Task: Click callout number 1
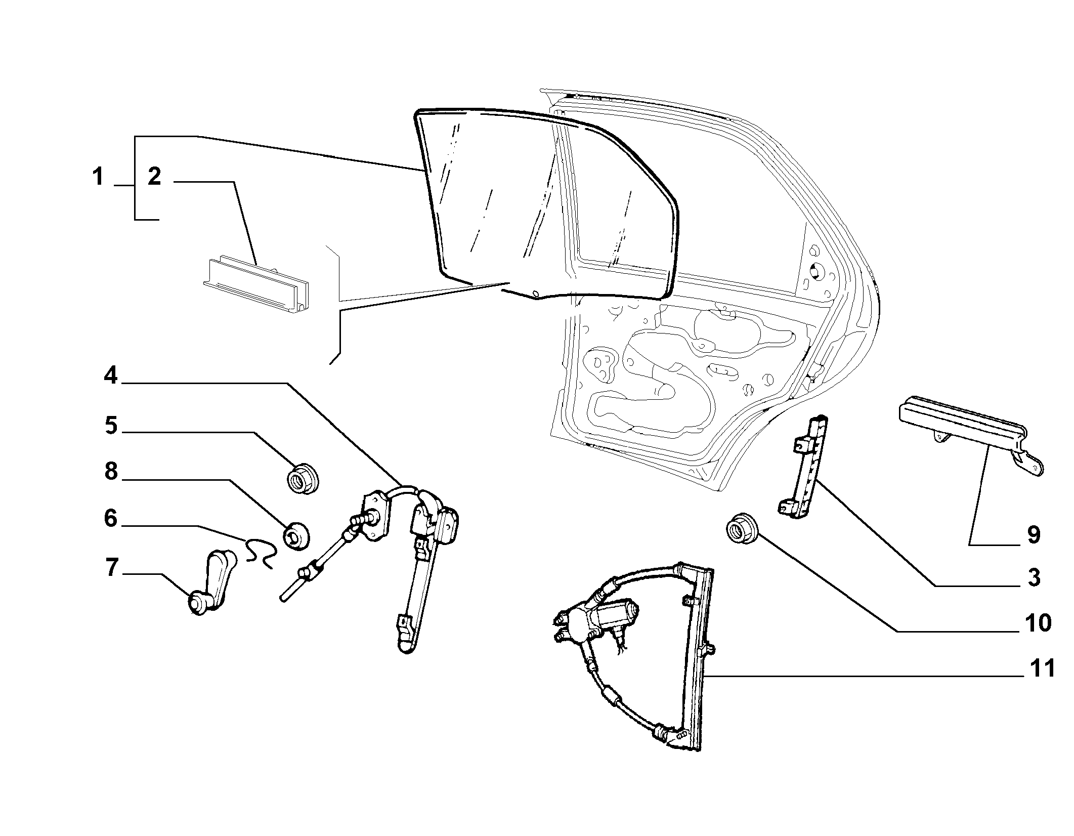[x=98, y=178]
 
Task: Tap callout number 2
[x=154, y=177]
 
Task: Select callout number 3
[x=1033, y=577]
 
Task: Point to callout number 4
[x=111, y=375]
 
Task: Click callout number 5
[x=111, y=426]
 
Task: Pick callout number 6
[x=111, y=519]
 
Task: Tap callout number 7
[x=111, y=568]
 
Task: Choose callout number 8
[x=111, y=471]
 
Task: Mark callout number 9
[x=1034, y=534]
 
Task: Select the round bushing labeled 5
[x=303, y=478]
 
